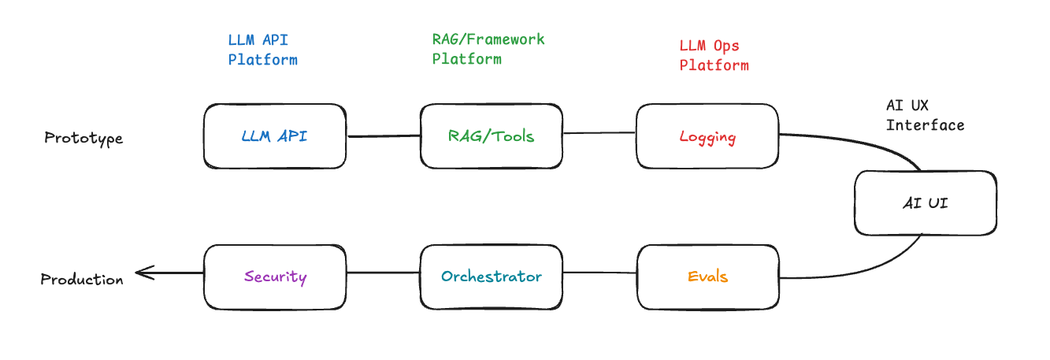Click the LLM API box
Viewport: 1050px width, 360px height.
click(x=274, y=136)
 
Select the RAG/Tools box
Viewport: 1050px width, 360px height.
click(x=491, y=136)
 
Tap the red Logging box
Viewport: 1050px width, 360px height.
click(x=707, y=137)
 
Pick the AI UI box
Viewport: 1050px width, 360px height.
click(x=925, y=203)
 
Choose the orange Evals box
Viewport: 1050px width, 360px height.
click(x=707, y=276)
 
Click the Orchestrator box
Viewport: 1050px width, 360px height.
click(x=491, y=276)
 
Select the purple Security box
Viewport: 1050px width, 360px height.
click(x=274, y=276)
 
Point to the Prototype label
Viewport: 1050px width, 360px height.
click(x=83, y=139)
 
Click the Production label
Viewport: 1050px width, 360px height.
click(x=82, y=280)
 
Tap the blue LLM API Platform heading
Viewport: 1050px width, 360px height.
click(x=263, y=49)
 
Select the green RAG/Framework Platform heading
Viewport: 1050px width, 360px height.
click(x=488, y=49)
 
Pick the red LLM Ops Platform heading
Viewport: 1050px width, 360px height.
click(x=714, y=56)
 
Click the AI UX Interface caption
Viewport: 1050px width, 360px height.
click(x=925, y=115)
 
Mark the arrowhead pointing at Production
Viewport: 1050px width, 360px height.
click(x=140, y=273)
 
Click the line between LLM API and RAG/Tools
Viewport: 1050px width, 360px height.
click(x=383, y=136)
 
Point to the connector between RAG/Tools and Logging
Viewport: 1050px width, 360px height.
click(x=599, y=133)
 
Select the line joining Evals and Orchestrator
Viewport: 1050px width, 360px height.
click(x=599, y=273)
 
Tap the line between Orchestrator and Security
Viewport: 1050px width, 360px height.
click(x=383, y=273)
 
